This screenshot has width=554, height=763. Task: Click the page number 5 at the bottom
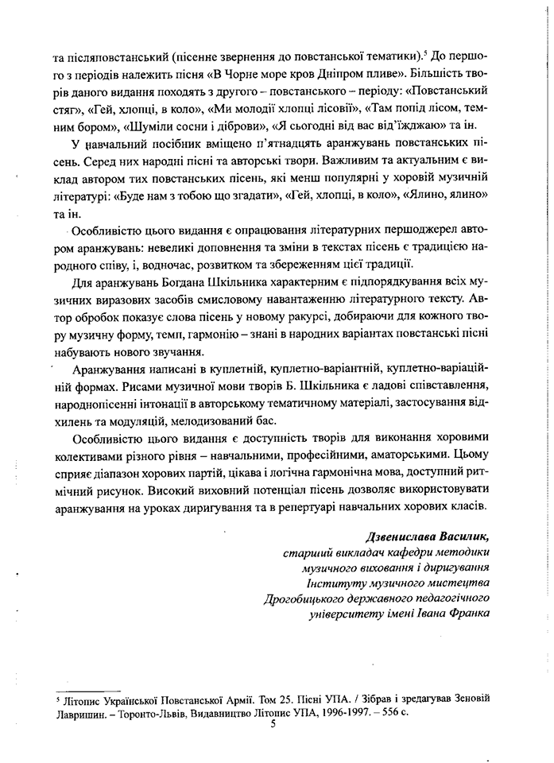click(272, 722)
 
